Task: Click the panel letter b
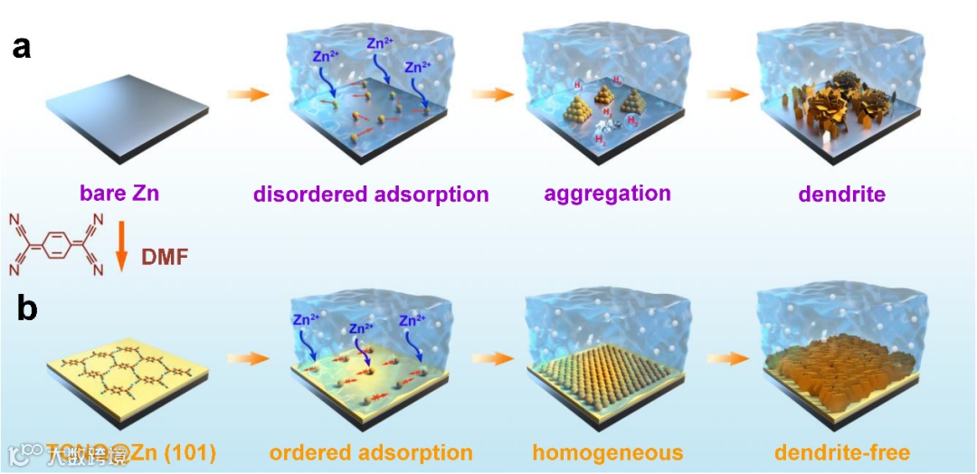[27, 308]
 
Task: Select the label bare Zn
[119, 194]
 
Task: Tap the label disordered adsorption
[371, 194]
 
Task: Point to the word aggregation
[607, 194]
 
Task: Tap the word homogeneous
[608, 452]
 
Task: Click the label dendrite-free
[842, 452]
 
